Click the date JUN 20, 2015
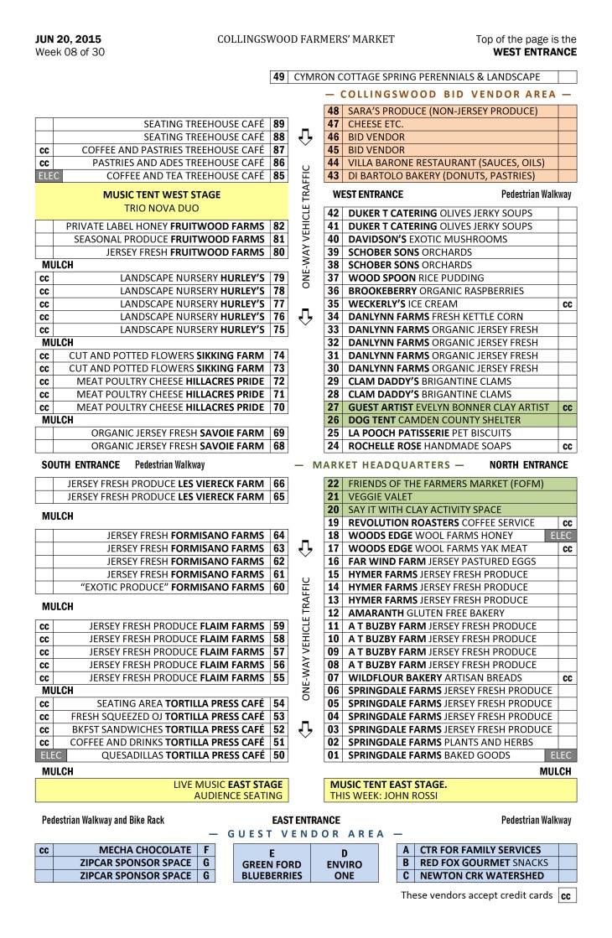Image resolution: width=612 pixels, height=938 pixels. (x=68, y=39)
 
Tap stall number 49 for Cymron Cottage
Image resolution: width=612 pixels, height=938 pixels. (x=279, y=77)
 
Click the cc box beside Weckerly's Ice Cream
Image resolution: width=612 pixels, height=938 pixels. (x=568, y=303)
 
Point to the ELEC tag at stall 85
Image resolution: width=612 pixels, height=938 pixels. (x=44, y=176)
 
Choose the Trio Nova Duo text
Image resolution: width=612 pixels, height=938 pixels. (x=160, y=207)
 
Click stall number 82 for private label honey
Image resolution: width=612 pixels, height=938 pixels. (x=279, y=226)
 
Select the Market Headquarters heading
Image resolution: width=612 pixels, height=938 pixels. (x=386, y=464)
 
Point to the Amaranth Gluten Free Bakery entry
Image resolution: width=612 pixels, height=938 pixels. (x=426, y=613)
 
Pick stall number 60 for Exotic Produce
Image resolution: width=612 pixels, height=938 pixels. (x=279, y=587)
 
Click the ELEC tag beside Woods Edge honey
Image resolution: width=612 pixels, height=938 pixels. (x=559, y=535)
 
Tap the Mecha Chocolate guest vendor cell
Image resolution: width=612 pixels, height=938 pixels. (x=145, y=849)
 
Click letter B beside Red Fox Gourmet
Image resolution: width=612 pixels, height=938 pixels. (x=406, y=862)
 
